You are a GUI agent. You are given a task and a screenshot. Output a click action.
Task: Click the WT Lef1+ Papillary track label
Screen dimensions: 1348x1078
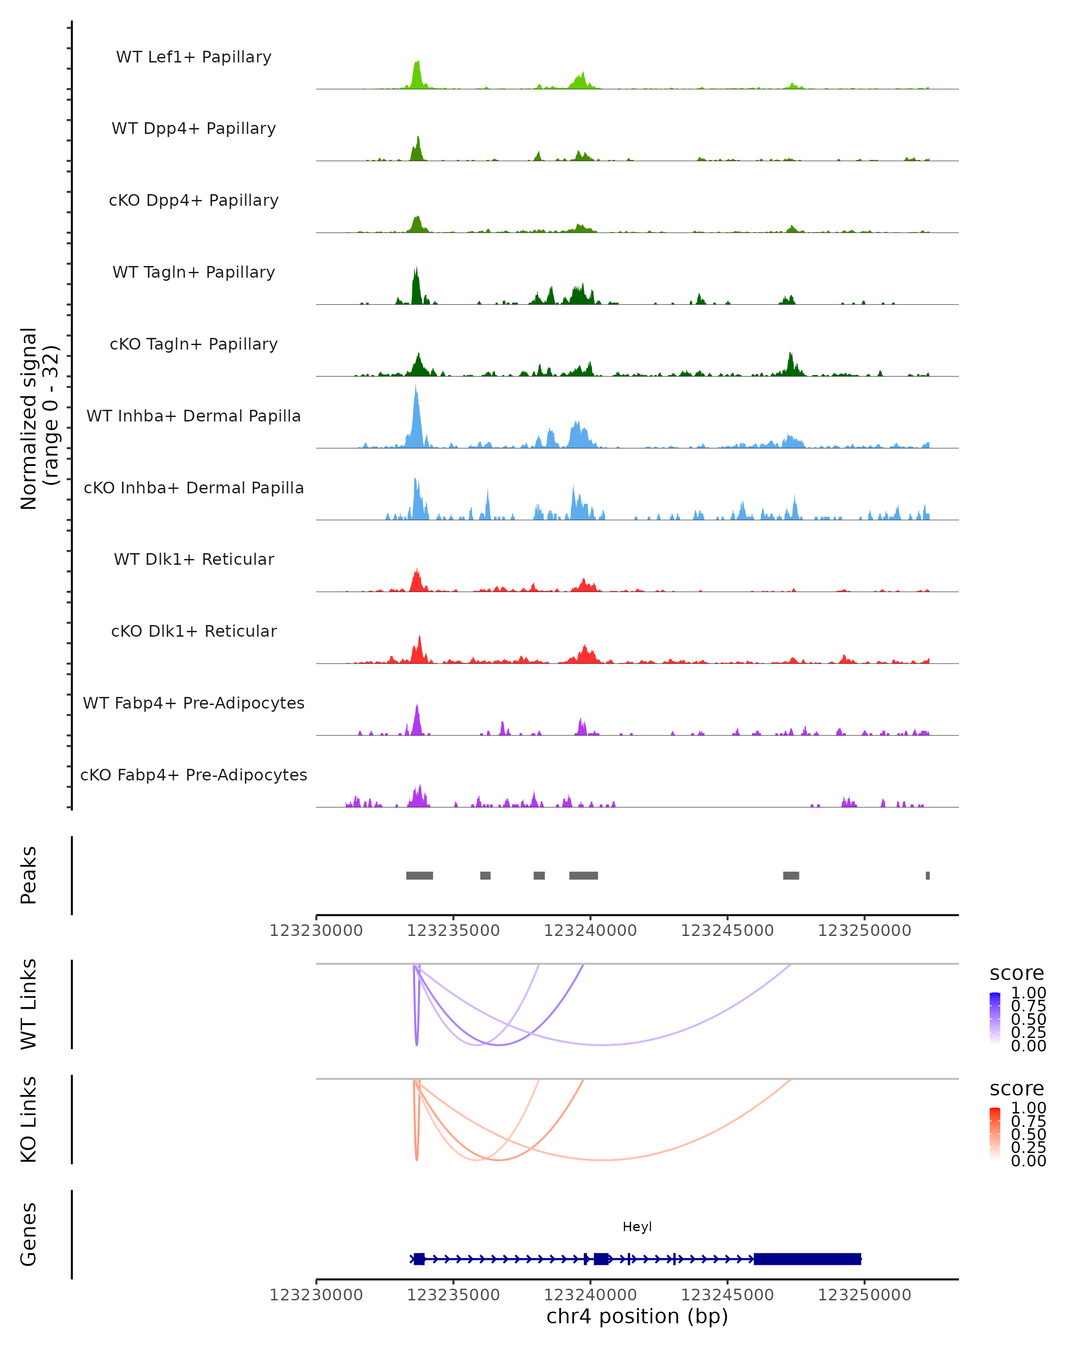tap(194, 57)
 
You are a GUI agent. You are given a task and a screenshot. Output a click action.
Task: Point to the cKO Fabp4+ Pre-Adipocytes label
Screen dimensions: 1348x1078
tap(194, 775)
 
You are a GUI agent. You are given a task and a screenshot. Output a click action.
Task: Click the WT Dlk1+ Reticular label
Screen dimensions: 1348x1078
tap(194, 559)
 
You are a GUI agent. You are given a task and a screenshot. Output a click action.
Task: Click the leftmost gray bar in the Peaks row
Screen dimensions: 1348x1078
tap(420, 875)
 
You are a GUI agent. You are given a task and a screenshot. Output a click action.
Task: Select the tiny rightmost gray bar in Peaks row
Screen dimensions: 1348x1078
tap(928, 875)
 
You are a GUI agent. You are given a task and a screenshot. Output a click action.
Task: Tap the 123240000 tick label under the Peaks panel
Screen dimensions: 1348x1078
tap(590, 931)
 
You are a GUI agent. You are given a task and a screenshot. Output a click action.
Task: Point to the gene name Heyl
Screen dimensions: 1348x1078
tap(637, 1227)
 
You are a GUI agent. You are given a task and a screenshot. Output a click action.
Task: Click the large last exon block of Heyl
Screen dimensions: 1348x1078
tap(808, 1259)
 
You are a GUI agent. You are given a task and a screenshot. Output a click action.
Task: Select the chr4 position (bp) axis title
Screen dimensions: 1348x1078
tap(637, 1316)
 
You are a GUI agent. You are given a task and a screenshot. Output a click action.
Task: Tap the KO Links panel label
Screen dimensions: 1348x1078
tap(29, 1119)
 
